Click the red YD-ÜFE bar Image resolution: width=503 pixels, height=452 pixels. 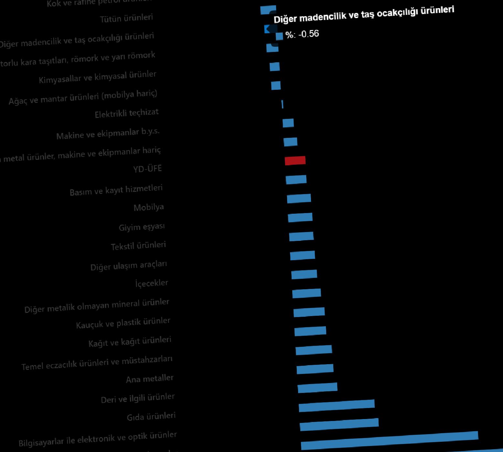click(x=295, y=160)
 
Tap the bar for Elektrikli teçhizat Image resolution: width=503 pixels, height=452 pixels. click(x=283, y=104)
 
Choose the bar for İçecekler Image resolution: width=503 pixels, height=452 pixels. click(x=304, y=274)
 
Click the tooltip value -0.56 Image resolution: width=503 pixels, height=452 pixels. click(x=309, y=34)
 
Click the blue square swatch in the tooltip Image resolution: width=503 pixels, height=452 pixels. click(x=279, y=36)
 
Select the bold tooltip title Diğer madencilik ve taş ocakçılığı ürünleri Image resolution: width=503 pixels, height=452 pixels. click(x=364, y=15)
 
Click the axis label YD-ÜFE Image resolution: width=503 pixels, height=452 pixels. click(x=147, y=169)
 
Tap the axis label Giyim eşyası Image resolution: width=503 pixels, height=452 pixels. click(x=142, y=227)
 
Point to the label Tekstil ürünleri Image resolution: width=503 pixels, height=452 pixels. click(x=138, y=246)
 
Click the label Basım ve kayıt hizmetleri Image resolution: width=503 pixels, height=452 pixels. click(x=116, y=190)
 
